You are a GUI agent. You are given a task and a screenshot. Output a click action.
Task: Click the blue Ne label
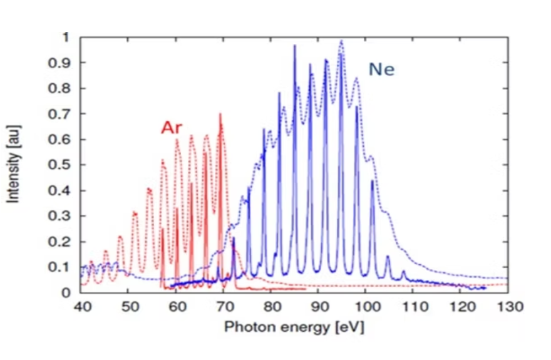point(381,69)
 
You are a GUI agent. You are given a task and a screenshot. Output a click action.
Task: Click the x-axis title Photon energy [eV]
point(294,327)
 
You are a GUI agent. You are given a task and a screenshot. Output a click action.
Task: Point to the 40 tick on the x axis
point(81,306)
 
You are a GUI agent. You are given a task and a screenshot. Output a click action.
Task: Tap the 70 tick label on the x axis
point(224,306)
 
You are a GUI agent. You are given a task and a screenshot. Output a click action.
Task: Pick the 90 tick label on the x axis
point(319,306)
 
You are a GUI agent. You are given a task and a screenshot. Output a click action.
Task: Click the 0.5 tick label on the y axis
point(60,165)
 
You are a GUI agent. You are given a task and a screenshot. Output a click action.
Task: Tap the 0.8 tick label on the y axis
point(60,88)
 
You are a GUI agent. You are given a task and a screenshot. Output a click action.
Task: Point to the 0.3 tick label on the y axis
point(60,216)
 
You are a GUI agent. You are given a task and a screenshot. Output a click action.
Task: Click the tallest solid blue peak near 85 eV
point(295,46)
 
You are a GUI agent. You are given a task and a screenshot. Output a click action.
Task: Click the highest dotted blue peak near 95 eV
point(341,41)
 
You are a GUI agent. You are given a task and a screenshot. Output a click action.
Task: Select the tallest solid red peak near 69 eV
point(220,114)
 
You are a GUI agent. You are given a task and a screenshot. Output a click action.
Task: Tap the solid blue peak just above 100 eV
point(372,181)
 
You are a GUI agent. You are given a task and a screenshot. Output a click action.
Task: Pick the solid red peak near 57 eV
point(163,229)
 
